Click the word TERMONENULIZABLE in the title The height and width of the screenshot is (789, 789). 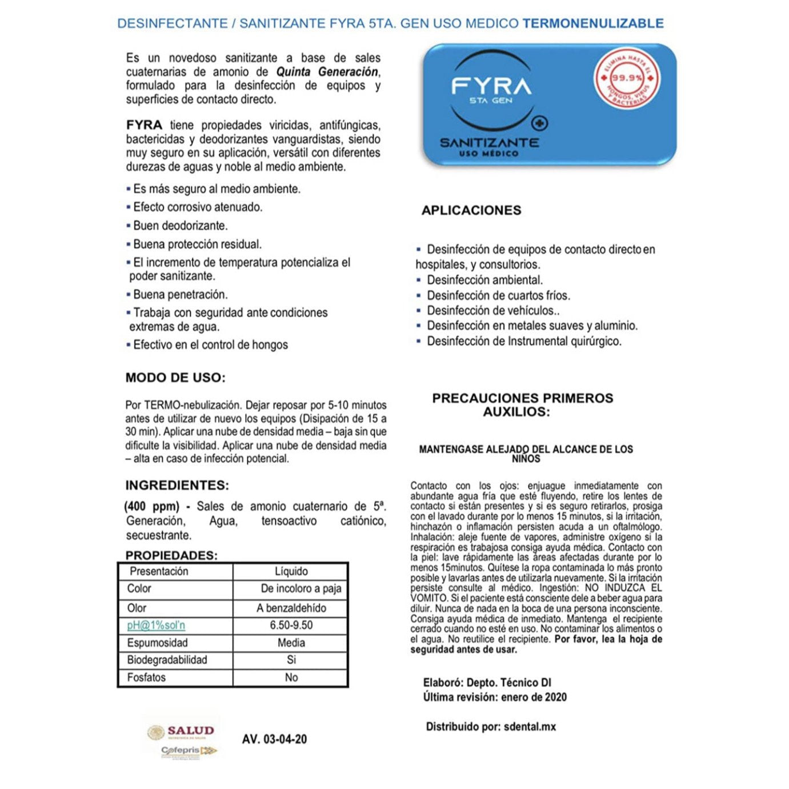pyautogui.click(x=593, y=23)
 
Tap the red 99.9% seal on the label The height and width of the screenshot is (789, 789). pyautogui.click(x=627, y=78)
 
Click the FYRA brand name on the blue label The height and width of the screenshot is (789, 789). pyautogui.click(x=491, y=86)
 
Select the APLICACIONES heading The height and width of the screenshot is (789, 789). pyautogui.click(x=471, y=210)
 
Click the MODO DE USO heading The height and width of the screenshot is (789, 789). pyautogui.click(x=175, y=378)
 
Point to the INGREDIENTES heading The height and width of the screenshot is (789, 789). pyautogui.click(x=177, y=486)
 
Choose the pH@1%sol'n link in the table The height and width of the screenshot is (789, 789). pyautogui.click(x=156, y=626)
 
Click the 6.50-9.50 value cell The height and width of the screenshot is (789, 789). pyautogui.click(x=291, y=626)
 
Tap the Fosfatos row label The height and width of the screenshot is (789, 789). pyautogui.click(x=146, y=678)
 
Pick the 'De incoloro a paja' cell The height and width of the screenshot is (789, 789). pyautogui.click(x=301, y=588)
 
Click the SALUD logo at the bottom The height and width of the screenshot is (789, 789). pyautogui.click(x=182, y=731)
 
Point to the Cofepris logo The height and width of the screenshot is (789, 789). pyautogui.click(x=189, y=751)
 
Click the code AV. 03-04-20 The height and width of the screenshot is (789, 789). pyautogui.click(x=274, y=739)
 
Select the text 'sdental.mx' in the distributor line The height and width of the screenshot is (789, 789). pyautogui.click(x=530, y=727)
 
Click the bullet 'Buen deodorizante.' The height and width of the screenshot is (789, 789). pyautogui.click(x=180, y=226)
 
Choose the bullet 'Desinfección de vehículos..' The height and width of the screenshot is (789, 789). pyautogui.click(x=493, y=311)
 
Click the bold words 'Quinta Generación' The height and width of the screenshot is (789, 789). pyautogui.click(x=327, y=72)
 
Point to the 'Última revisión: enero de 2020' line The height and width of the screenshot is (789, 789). pyautogui.click(x=495, y=697)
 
